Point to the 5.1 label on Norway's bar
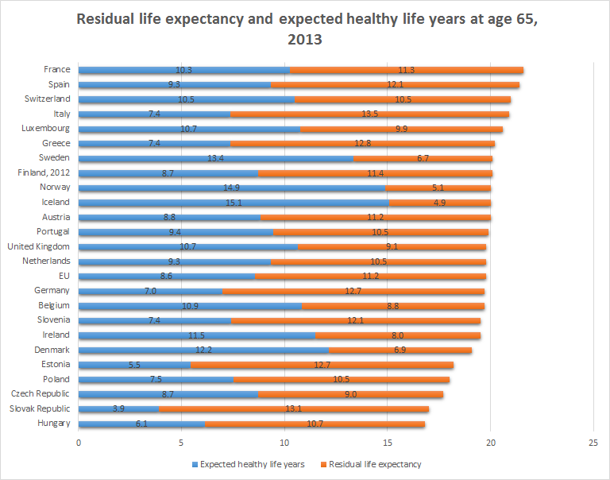pos(439,188)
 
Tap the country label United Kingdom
pos(39,246)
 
